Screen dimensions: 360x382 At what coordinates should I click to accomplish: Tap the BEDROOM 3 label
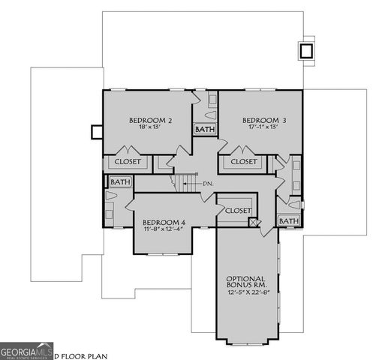coord(263,120)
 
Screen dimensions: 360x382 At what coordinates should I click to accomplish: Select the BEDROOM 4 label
coord(164,222)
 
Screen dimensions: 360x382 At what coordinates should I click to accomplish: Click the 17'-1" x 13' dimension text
coord(263,127)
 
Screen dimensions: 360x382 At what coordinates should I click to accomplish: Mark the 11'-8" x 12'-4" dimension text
coord(164,230)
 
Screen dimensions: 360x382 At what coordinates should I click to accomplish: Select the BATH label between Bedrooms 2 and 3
coord(205,130)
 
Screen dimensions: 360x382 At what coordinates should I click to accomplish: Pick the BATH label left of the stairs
coord(120,181)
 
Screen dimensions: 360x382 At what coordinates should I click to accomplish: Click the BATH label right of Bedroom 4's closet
coord(288,221)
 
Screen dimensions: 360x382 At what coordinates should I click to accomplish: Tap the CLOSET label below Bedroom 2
coord(127,161)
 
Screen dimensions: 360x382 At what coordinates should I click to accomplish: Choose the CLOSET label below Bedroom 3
coord(243,161)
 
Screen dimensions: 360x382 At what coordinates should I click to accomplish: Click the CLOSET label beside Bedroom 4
coord(238,211)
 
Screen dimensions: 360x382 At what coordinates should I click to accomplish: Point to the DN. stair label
coord(209,184)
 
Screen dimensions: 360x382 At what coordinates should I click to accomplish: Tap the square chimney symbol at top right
coord(306,51)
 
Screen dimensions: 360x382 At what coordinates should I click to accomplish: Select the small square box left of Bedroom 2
coord(96,132)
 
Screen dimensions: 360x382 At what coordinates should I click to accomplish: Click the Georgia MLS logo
coord(26,350)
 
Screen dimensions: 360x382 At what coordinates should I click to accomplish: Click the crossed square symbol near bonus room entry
coord(254,223)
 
